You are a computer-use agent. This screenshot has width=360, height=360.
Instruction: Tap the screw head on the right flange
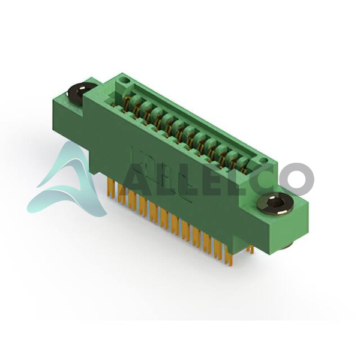click(275, 203)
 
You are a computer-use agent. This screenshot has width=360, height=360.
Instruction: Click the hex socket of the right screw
click(275, 203)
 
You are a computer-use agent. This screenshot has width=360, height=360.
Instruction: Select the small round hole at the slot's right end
click(264, 160)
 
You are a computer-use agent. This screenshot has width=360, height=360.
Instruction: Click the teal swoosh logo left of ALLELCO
click(69, 181)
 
